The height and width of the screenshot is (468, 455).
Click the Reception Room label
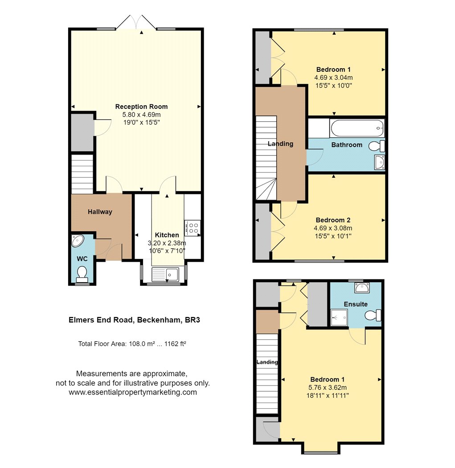click(x=141, y=107)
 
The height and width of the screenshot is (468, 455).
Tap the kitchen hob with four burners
click(x=193, y=228)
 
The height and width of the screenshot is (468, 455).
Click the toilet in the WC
click(x=82, y=273)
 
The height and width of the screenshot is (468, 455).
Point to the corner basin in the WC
click(x=77, y=241)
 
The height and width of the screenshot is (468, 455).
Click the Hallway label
click(x=100, y=212)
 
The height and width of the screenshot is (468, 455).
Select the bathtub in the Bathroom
click(x=357, y=128)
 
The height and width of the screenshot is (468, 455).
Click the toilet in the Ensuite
click(x=373, y=316)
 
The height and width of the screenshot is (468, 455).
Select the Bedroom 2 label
click(x=333, y=220)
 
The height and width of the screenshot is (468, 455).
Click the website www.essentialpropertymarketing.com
click(x=133, y=392)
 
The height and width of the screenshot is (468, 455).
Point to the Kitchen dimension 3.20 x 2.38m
click(x=167, y=243)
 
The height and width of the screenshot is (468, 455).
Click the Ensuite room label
click(x=356, y=304)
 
